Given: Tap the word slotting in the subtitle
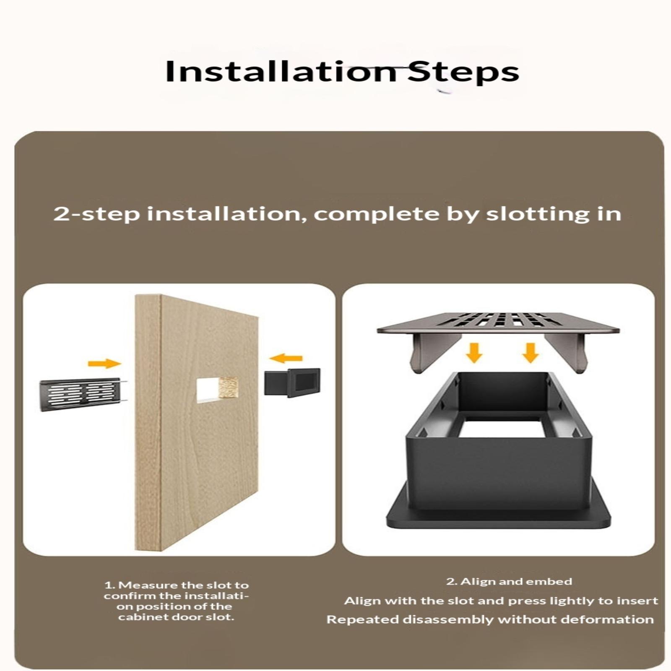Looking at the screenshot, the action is [x=534, y=214].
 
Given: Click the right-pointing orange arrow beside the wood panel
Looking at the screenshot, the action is [x=104, y=363].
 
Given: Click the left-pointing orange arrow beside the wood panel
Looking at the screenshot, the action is [x=286, y=358].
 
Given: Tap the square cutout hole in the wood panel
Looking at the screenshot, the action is [x=217, y=390].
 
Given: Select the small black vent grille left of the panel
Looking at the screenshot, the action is [x=83, y=395].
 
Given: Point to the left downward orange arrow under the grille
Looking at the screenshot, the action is [x=474, y=353].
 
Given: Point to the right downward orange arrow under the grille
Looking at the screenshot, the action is [x=531, y=353].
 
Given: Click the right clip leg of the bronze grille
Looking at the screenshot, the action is [x=566, y=352].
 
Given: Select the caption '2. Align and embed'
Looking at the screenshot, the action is [x=509, y=581].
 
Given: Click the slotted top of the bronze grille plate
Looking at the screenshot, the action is [x=498, y=323].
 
